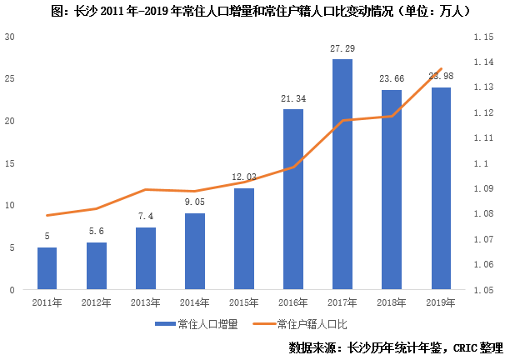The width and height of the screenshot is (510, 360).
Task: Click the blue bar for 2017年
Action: click(x=342, y=174)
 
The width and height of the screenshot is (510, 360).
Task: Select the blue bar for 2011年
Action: click(x=47, y=268)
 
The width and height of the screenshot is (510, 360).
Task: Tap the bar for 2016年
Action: click(x=292, y=199)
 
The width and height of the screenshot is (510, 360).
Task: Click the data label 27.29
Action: click(x=342, y=48)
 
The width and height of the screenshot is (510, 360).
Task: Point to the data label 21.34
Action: click(x=292, y=98)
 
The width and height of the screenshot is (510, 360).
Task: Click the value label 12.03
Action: click(x=243, y=177)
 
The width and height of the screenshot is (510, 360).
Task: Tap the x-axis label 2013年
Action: click(x=145, y=302)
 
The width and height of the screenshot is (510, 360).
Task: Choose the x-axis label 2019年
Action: click(x=440, y=302)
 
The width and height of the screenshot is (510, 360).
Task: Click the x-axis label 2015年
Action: click(x=243, y=302)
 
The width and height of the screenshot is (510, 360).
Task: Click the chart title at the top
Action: click(x=255, y=12)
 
